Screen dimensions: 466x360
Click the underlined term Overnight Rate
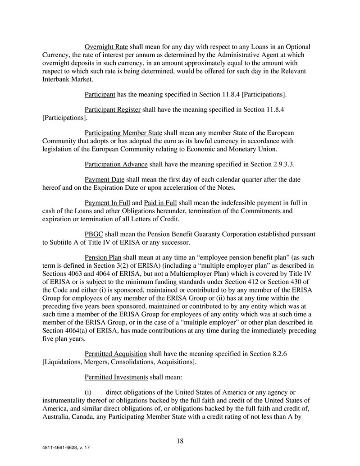pyautogui.click(x=106, y=47)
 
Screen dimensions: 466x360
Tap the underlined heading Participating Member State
pyautogui.click(x=123, y=133)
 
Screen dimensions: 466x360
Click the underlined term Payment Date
pyautogui.click(x=105, y=179)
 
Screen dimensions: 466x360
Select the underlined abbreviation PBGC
pyautogui.click(x=94, y=234)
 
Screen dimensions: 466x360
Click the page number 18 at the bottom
pyautogui.click(x=180, y=441)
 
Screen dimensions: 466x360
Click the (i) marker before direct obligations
pyautogui.click(x=89, y=392)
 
